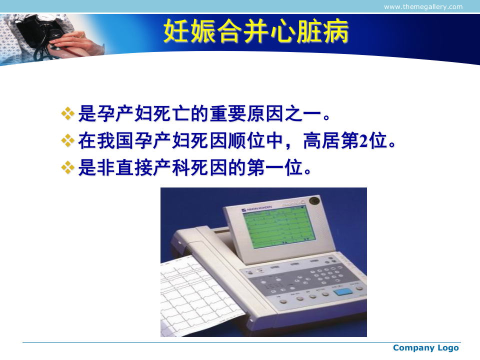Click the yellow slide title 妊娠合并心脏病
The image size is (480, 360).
pyautogui.click(x=256, y=32)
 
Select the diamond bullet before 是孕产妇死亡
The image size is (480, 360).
pyautogui.click(x=67, y=113)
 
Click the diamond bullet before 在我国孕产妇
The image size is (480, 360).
pyautogui.click(x=67, y=140)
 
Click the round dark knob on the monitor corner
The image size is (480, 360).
pyautogui.click(x=314, y=201)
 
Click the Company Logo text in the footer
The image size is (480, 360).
pyautogui.click(x=425, y=348)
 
